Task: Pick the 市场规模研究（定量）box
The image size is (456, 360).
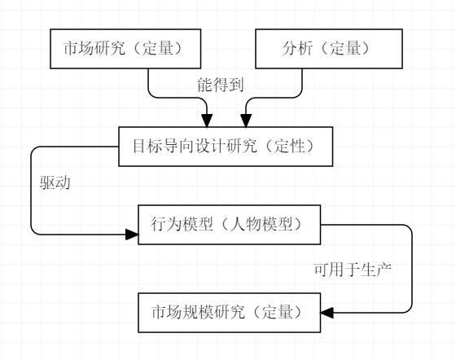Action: coord(229,311)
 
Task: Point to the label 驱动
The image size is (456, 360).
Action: coord(55,183)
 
